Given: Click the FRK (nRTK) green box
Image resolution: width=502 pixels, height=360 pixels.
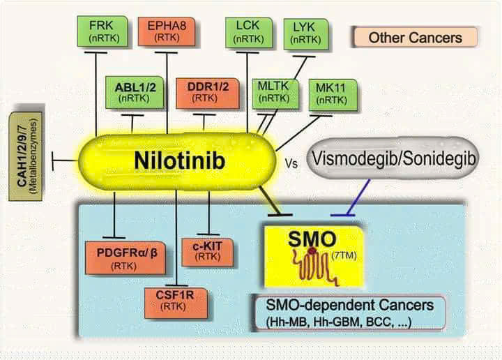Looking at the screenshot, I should (x=102, y=31).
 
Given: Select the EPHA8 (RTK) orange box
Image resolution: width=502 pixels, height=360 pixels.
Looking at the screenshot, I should (x=167, y=31).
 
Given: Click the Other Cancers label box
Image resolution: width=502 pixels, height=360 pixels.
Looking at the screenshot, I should (x=415, y=37).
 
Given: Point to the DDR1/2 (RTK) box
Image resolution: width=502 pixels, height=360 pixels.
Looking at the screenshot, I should (x=204, y=93).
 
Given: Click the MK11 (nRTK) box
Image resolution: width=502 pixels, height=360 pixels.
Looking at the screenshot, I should (x=330, y=94).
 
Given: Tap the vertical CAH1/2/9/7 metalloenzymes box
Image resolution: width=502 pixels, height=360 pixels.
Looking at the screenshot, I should (x=27, y=153).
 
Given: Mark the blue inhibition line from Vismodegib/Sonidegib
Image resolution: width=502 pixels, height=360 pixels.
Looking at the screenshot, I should (x=358, y=195).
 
